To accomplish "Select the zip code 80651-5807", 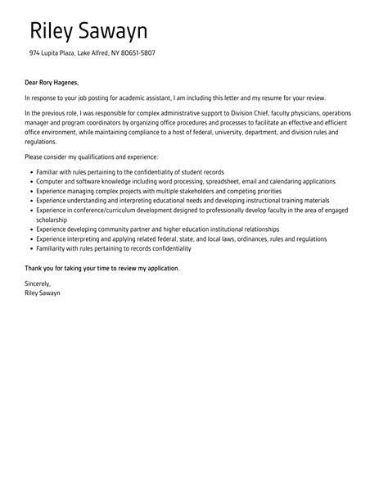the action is (x=138, y=54).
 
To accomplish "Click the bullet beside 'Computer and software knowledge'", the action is (x=30, y=181).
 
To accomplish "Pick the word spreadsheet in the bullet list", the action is (x=246, y=181).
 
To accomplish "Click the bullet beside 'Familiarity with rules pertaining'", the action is (x=30, y=249).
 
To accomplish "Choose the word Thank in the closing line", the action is (x=34, y=268).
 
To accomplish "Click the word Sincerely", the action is (x=40, y=284).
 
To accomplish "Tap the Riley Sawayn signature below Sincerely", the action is (x=43, y=293).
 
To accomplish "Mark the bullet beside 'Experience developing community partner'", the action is (x=30, y=229).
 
